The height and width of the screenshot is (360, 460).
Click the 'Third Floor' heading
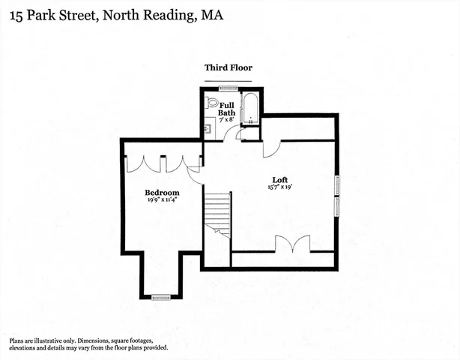point(229,67)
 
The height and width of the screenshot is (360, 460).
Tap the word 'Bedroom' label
point(162,192)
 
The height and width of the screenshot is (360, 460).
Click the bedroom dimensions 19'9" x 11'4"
point(162,200)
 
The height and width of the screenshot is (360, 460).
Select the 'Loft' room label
point(280,179)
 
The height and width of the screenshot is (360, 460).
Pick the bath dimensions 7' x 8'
point(226,120)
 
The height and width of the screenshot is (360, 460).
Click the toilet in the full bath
point(211,103)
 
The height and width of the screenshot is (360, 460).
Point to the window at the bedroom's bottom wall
point(162,298)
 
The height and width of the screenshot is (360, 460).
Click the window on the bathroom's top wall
point(228,88)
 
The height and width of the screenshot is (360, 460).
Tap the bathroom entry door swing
point(232,134)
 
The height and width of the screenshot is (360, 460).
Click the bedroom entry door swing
point(195,175)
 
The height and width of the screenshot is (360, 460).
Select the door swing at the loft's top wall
point(269,148)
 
